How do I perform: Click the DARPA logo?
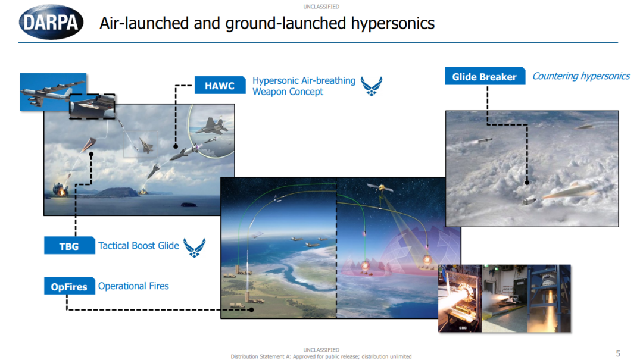(51, 22)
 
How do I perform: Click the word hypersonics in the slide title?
(392, 23)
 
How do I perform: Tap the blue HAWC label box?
(220, 85)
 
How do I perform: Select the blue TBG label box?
(69, 246)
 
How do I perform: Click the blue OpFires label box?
(69, 286)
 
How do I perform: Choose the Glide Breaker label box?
(485, 76)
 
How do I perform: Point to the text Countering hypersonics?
(580, 76)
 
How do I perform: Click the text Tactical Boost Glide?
(139, 246)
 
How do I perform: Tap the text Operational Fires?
(133, 286)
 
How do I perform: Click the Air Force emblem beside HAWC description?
(372, 86)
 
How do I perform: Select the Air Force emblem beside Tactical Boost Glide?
(194, 248)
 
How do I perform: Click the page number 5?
(618, 353)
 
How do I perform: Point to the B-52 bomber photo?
(53, 92)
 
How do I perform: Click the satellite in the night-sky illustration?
(381, 189)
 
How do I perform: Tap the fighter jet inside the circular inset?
(211, 126)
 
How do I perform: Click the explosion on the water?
(60, 189)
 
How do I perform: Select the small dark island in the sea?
(189, 205)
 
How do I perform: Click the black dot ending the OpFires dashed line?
(251, 309)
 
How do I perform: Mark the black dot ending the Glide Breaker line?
(527, 183)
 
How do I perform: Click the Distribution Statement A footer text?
(321, 356)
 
